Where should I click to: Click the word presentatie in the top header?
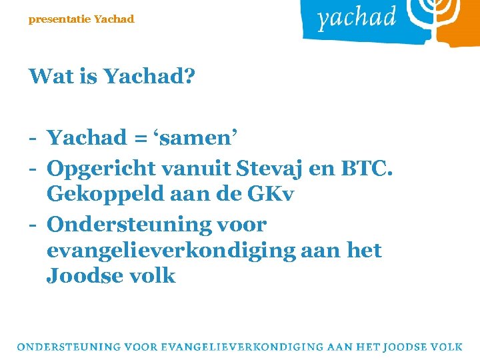pos(59,19)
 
